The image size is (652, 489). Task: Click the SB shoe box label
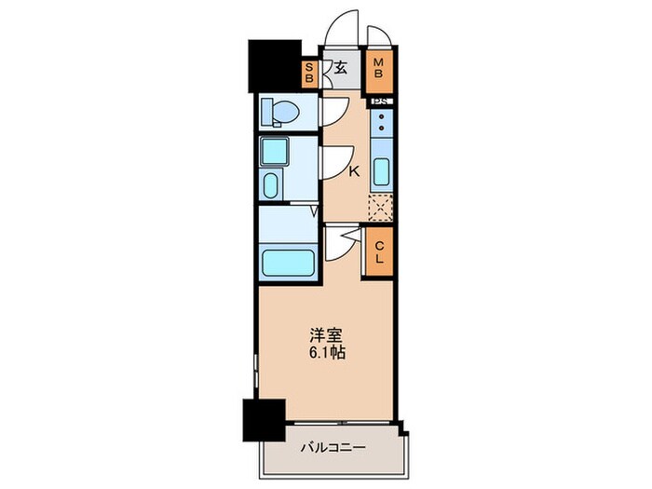[310, 72]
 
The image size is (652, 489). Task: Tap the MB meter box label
[379, 68]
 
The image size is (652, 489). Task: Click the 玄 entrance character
[341, 68]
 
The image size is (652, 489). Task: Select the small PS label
[381, 101]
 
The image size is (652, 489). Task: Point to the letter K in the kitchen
[354, 170]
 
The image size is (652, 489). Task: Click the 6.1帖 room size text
[325, 354]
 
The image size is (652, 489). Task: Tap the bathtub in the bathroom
[289, 262]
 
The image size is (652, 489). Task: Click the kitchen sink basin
[381, 172]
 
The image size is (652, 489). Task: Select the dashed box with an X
[380, 207]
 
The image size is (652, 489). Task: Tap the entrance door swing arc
[340, 28]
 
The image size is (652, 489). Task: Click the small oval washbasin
[271, 183]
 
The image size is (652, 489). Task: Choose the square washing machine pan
[276, 151]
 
